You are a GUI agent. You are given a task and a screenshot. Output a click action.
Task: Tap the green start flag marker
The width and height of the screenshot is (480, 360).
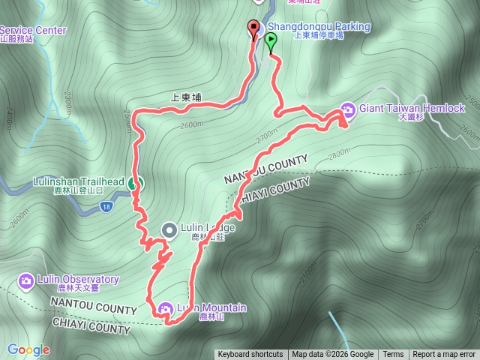click(270, 42)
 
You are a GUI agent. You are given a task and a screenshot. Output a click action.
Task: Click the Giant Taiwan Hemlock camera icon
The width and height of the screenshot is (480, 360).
click(349, 109)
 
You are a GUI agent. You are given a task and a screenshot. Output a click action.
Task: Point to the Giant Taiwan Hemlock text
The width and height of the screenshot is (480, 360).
click(412, 108)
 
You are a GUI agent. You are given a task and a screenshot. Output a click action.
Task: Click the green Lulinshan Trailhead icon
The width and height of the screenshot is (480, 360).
click(133, 182)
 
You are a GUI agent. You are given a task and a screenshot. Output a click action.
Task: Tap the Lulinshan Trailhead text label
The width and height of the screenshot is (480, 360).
click(78, 181)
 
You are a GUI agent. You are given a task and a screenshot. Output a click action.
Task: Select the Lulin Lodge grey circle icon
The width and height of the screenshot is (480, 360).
click(169, 229)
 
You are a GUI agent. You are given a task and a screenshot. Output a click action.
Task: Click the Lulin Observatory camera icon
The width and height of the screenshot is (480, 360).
click(25, 280)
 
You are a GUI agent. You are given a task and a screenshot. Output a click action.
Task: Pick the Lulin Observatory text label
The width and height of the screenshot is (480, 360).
click(79, 280)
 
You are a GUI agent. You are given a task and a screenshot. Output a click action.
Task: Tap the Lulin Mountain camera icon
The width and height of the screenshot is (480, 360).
click(165, 308)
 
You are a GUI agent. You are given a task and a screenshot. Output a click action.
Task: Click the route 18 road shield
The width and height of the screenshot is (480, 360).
click(109, 206)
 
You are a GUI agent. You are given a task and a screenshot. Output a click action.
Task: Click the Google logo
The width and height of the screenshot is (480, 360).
click(28, 349)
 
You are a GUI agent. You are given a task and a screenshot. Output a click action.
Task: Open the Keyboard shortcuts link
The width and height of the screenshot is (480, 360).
click(251, 355)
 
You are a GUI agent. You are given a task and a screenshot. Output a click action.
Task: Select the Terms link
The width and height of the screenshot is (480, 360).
click(393, 355)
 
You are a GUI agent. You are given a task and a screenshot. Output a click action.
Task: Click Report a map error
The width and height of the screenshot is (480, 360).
click(445, 355)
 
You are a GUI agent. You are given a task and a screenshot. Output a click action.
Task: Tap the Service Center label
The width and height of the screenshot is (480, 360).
click(33, 31)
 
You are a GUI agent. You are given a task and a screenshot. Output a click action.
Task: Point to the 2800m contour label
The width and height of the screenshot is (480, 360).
click(340, 153)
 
